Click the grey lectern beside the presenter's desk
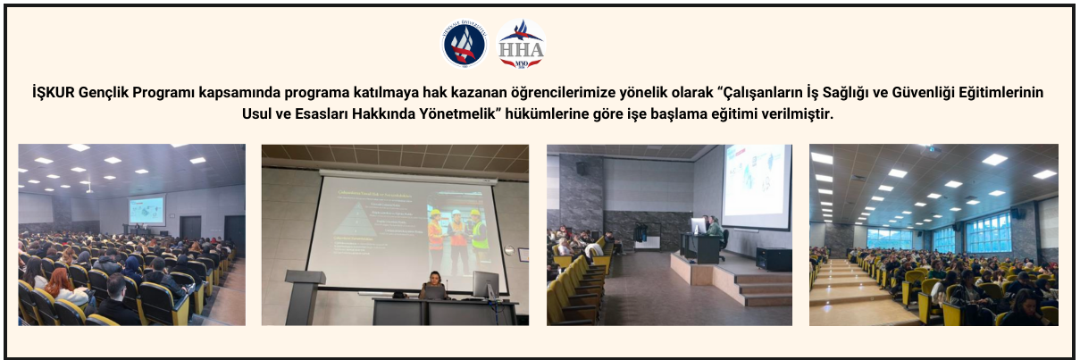click(x=304, y=295)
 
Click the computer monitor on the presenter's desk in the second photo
click(x=486, y=285)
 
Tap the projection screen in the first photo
click(x=146, y=211)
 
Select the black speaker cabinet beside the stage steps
click(x=773, y=259)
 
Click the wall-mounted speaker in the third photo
click(x=582, y=168)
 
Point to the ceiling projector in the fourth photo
click(x=932, y=150)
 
